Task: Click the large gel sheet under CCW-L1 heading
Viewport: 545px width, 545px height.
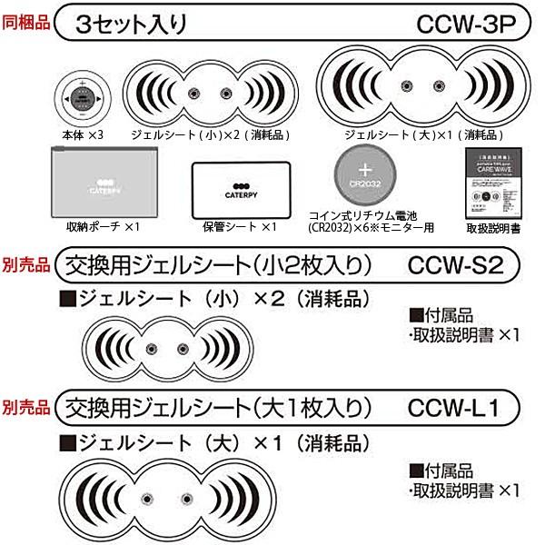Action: [x=167, y=498]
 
